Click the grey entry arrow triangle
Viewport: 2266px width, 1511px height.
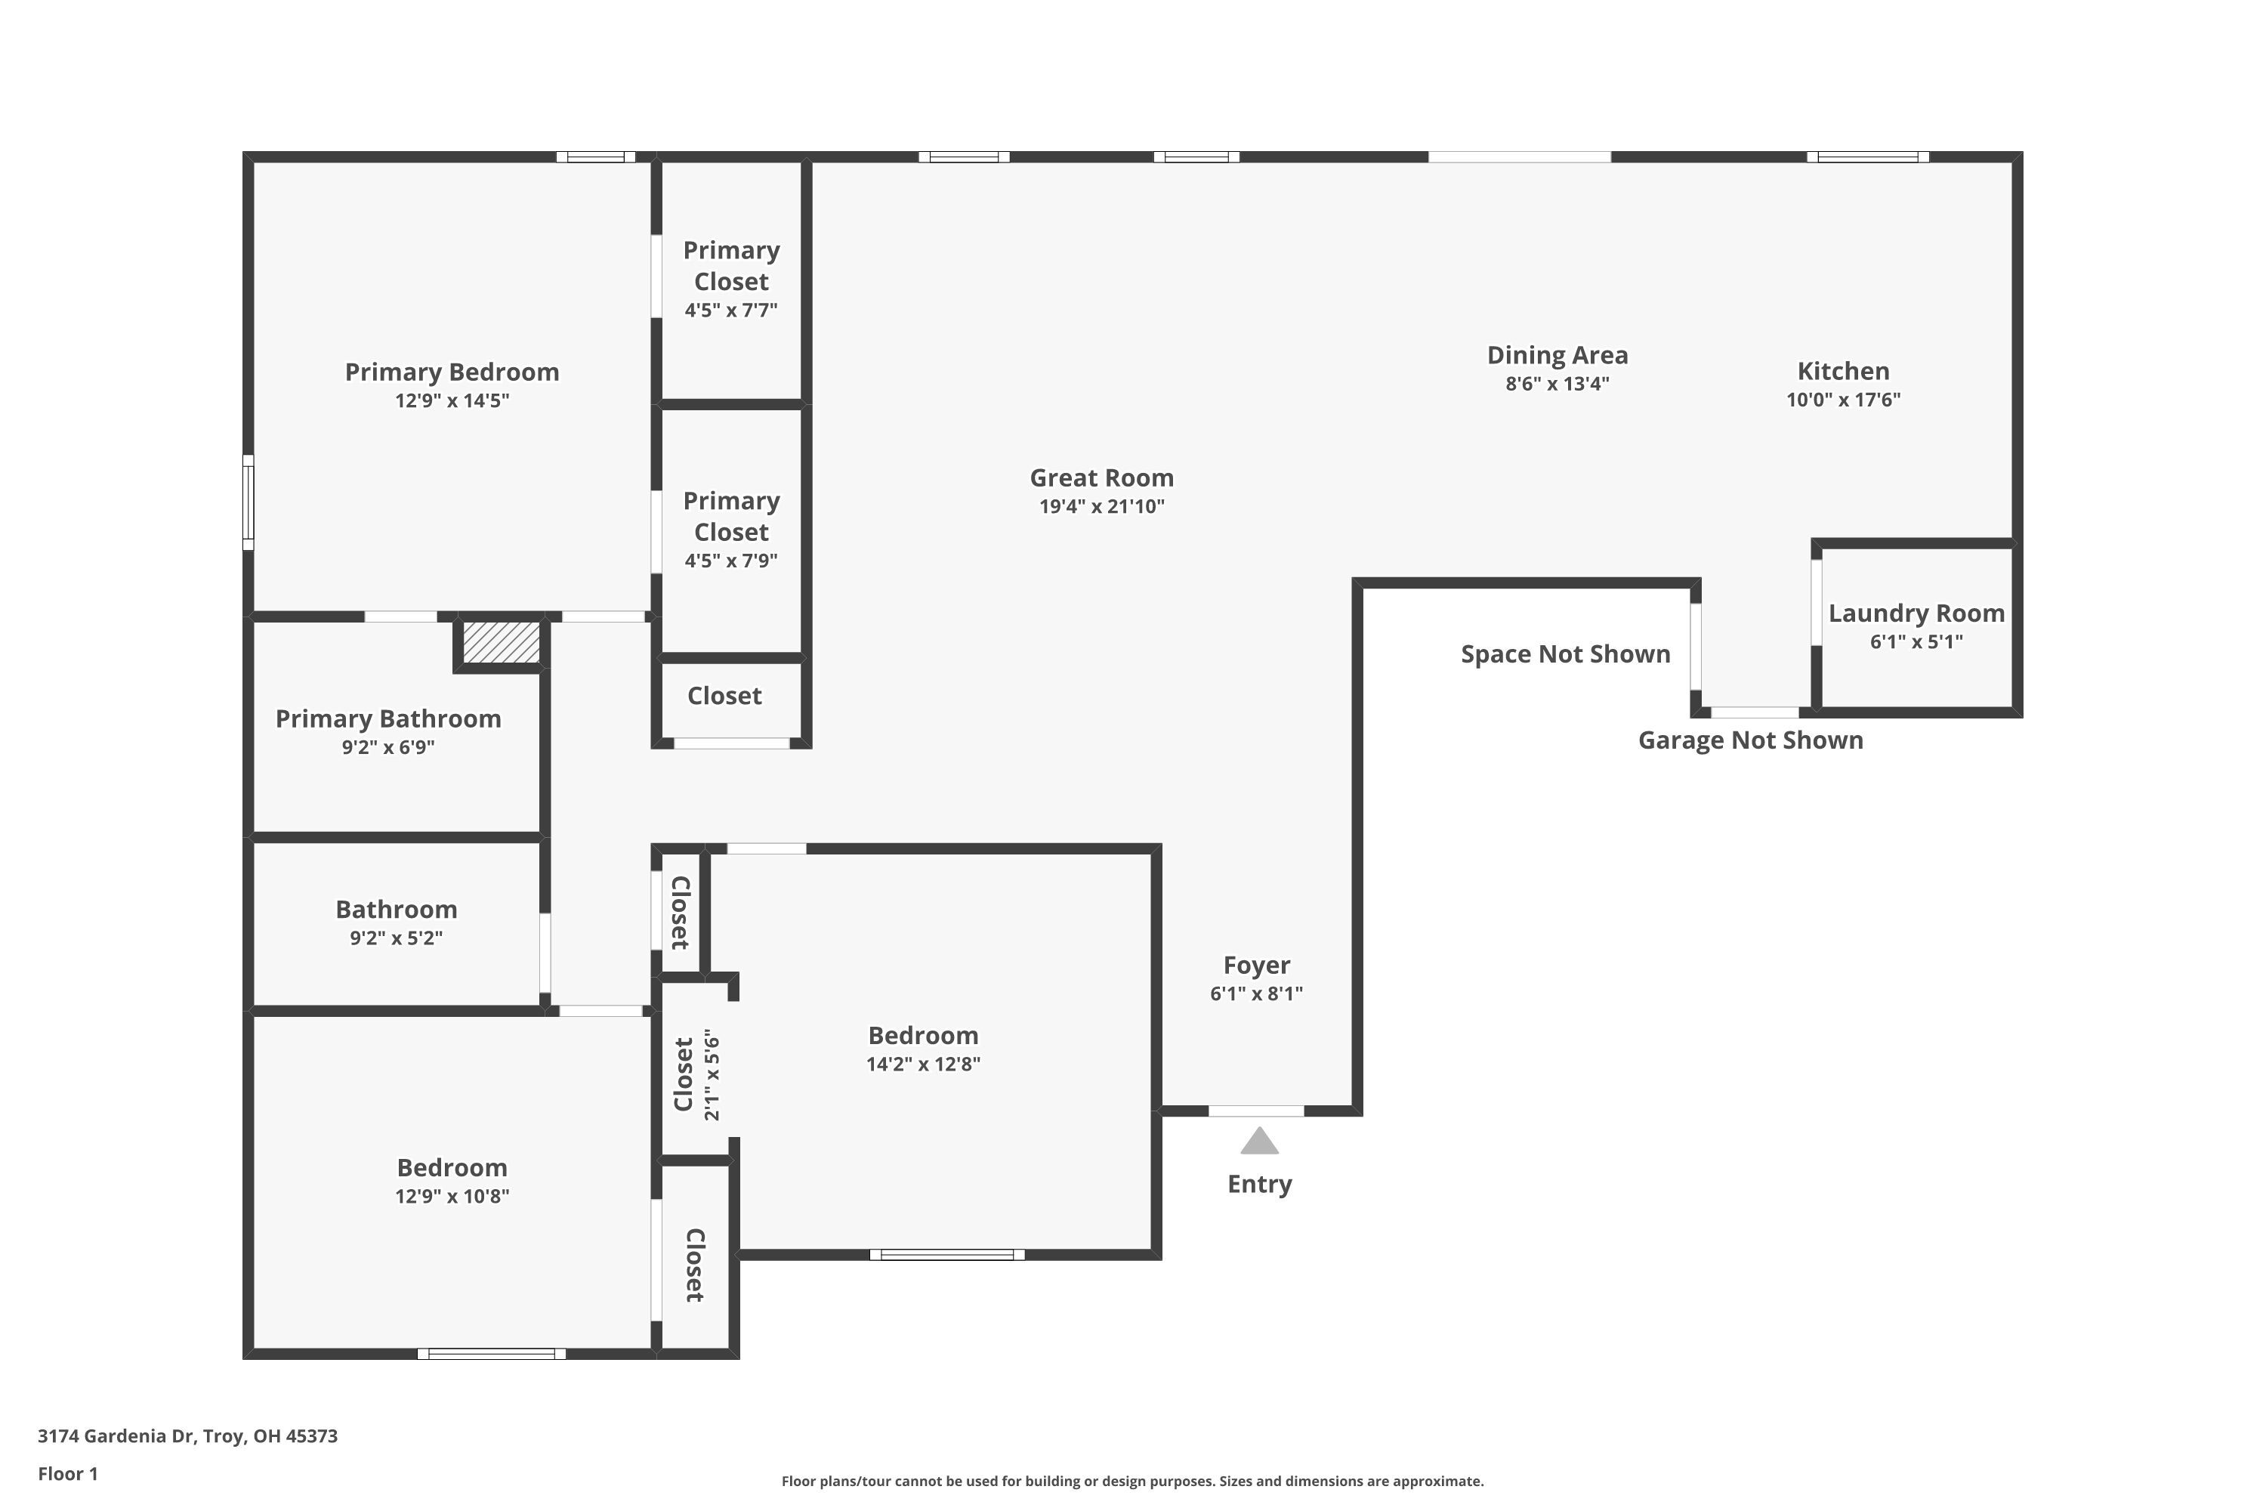point(1259,1142)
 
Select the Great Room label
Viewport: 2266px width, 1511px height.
point(1101,478)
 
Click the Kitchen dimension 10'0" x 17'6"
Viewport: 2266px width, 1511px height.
point(1843,400)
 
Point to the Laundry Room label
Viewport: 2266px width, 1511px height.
point(1916,613)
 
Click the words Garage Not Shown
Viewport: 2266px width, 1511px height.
point(1751,740)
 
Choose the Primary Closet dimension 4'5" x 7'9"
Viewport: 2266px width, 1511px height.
point(730,561)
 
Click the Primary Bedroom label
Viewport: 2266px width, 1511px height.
point(452,372)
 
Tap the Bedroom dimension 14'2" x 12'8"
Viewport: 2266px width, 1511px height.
point(923,1064)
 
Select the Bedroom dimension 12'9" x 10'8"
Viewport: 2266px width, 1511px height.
point(452,1196)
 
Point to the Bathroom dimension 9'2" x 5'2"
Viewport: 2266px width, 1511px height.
point(396,938)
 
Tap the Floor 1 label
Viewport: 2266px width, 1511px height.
point(67,1473)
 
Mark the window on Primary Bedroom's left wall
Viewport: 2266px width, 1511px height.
point(248,502)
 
